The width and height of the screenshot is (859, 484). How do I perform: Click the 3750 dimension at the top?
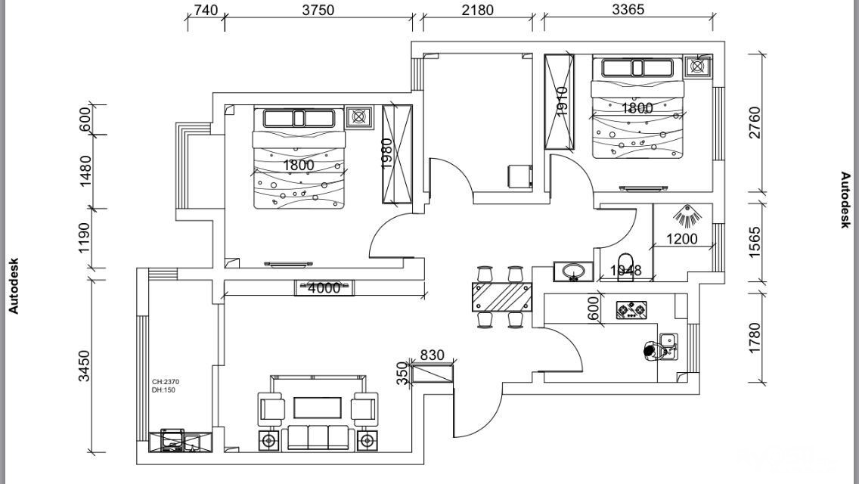pyautogui.click(x=318, y=10)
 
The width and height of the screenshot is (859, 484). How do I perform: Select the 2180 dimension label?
pyautogui.click(x=477, y=10)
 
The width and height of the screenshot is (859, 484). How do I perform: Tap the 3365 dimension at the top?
pyautogui.click(x=628, y=10)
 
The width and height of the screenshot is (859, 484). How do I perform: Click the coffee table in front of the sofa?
pyautogui.click(x=318, y=408)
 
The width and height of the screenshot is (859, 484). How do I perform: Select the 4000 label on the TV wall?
pyautogui.click(x=324, y=288)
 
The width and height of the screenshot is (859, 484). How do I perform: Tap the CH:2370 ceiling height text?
pyautogui.click(x=166, y=382)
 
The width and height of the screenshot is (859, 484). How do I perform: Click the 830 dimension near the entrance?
pyautogui.click(x=431, y=355)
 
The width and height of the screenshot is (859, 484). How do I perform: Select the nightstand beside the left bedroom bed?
pyautogui.click(x=359, y=117)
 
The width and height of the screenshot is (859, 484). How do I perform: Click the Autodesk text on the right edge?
pyautogui.click(x=846, y=200)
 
